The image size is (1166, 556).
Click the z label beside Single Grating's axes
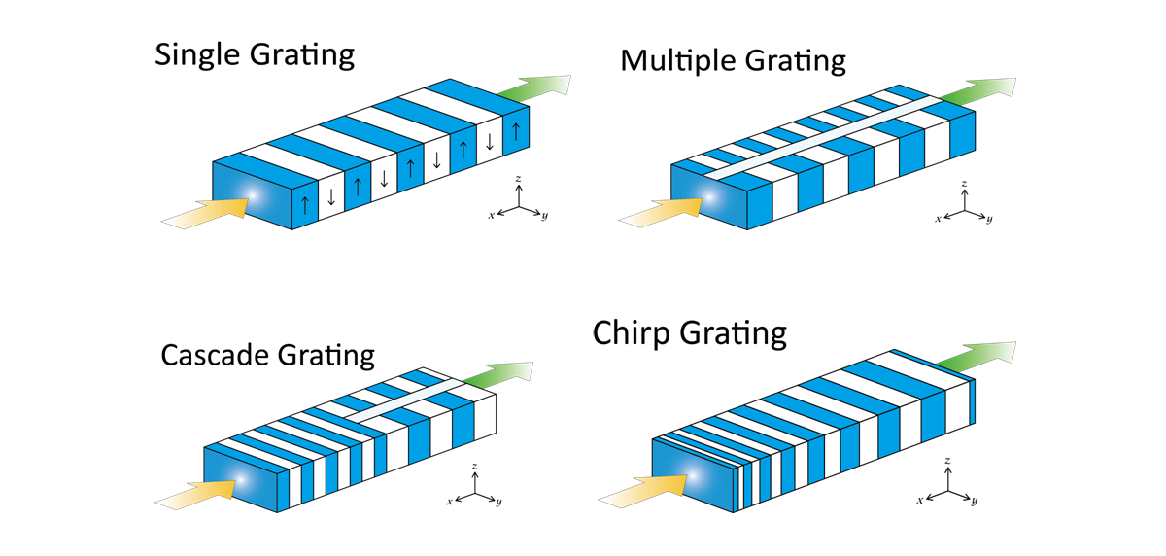tap(519, 180)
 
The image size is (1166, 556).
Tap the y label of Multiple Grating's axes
tap(989, 221)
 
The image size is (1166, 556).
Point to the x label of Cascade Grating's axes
tap(449, 502)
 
